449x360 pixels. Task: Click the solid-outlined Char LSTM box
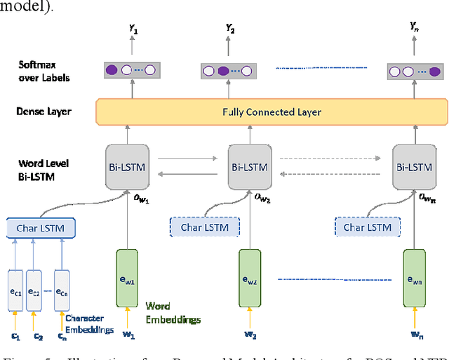[41, 227]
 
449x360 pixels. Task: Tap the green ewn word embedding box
[413, 279]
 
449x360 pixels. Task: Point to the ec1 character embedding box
[16, 291]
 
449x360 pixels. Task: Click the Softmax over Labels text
[44, 72]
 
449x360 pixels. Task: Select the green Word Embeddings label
[173, 313]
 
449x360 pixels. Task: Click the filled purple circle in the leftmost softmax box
[111, 70]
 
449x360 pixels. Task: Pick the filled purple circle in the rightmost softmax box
[435, 71]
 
